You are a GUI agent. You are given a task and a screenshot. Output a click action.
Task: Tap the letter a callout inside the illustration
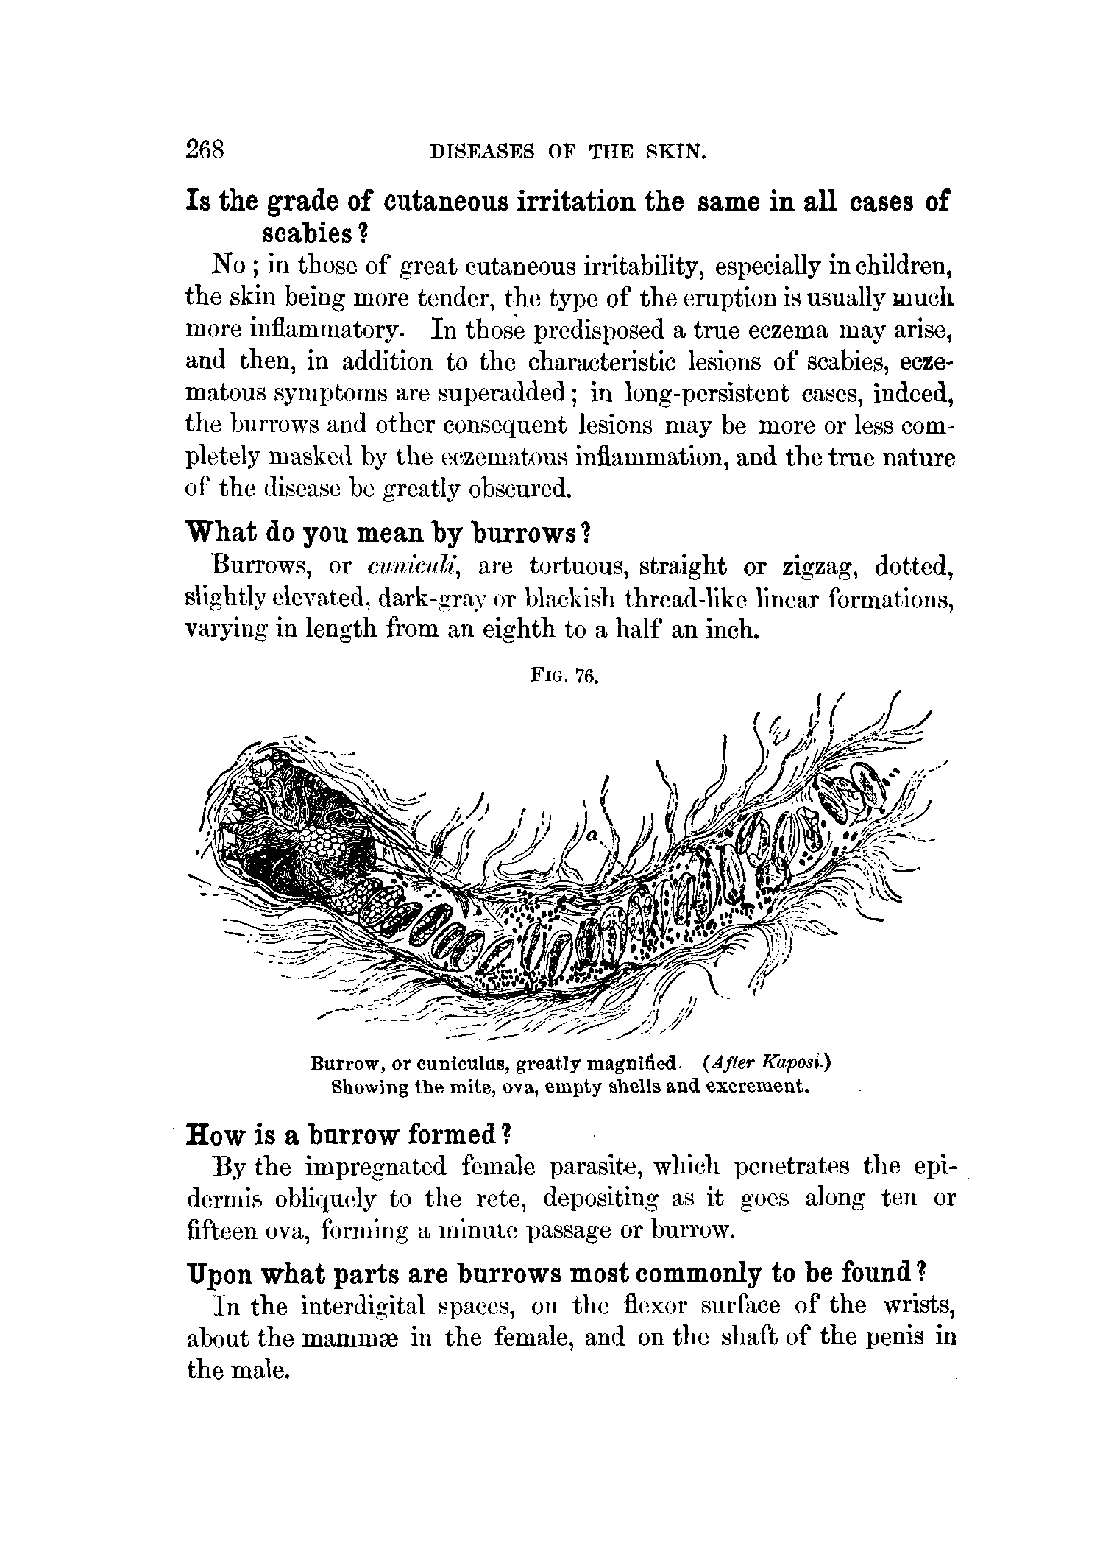point(591,836)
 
